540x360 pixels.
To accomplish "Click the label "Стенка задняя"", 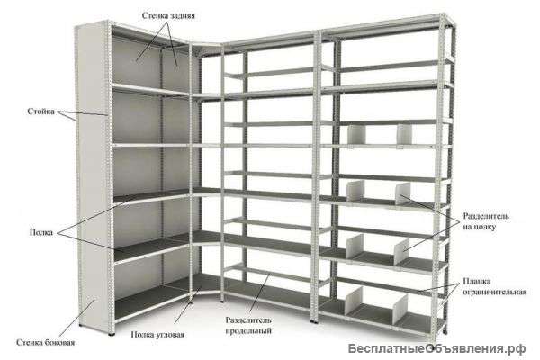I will [178, 15].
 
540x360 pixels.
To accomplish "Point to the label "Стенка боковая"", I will [44, 343].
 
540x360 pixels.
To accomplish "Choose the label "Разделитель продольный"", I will [250, 325].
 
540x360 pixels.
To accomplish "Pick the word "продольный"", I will [250, 330].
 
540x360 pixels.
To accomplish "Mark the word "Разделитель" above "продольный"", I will [250, 319].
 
